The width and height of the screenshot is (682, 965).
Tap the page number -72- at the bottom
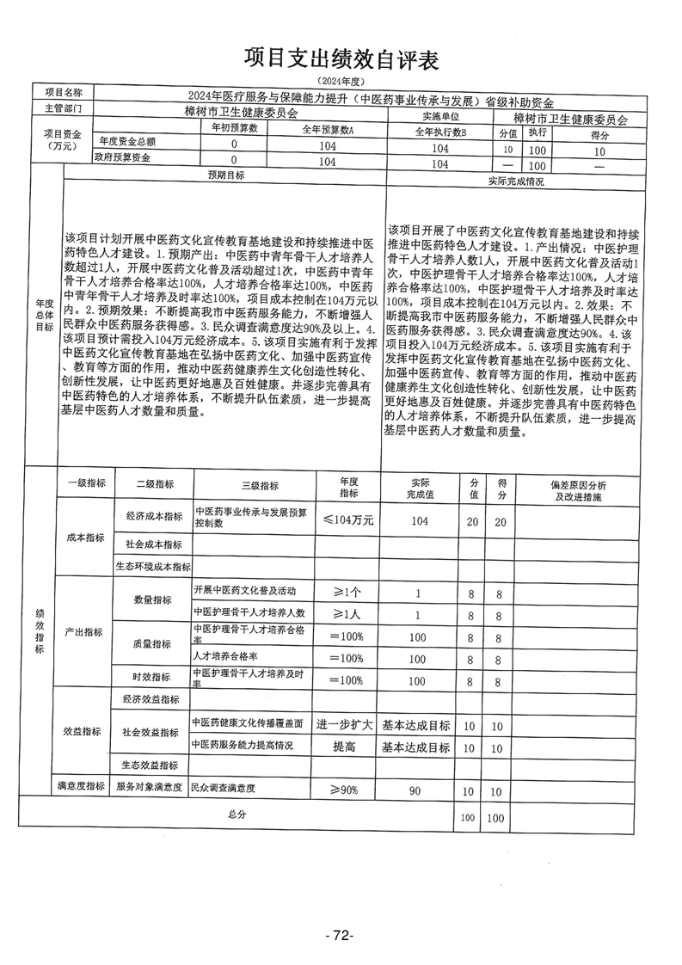tap(341, 934)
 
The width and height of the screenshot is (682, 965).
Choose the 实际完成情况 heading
tap(515, 181)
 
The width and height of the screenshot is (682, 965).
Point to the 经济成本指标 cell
tap(154, 516)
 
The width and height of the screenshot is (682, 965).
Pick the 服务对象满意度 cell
tap(149, 786)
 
